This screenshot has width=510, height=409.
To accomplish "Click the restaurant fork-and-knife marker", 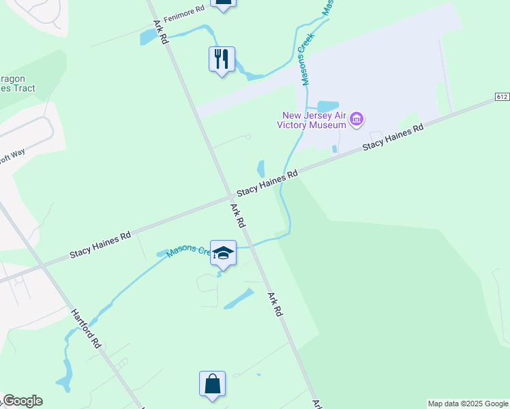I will point(222,59).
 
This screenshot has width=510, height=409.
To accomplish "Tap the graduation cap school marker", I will point(222,254).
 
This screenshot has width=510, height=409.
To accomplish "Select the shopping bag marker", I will point(213,384).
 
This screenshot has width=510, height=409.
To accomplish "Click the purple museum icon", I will point(355,121).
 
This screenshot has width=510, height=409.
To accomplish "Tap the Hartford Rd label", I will point(86,329).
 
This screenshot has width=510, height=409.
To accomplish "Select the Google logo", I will point(22,401).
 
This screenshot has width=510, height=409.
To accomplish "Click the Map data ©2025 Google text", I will point(467,404).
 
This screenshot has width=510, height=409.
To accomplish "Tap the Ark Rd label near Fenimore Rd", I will point(161,31).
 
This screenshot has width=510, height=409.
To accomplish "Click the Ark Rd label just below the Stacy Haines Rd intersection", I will point(238,215).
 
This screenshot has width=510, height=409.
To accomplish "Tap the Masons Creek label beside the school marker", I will point(187,250).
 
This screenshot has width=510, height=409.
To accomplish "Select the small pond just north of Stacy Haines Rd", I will point(261,168).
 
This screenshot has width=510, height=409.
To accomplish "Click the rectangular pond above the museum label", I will point(327,106).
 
